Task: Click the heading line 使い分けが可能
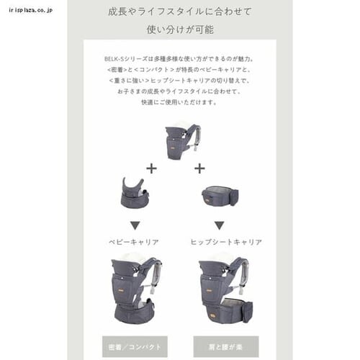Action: coord(180,30)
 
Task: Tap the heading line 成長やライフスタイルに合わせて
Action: coord(180,12)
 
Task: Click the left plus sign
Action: coord(151,168)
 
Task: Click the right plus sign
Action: coord(199,168)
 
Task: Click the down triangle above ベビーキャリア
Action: coord(135,225)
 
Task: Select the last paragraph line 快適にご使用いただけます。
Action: coord(180,102)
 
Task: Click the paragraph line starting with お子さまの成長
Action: coord(180,91)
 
